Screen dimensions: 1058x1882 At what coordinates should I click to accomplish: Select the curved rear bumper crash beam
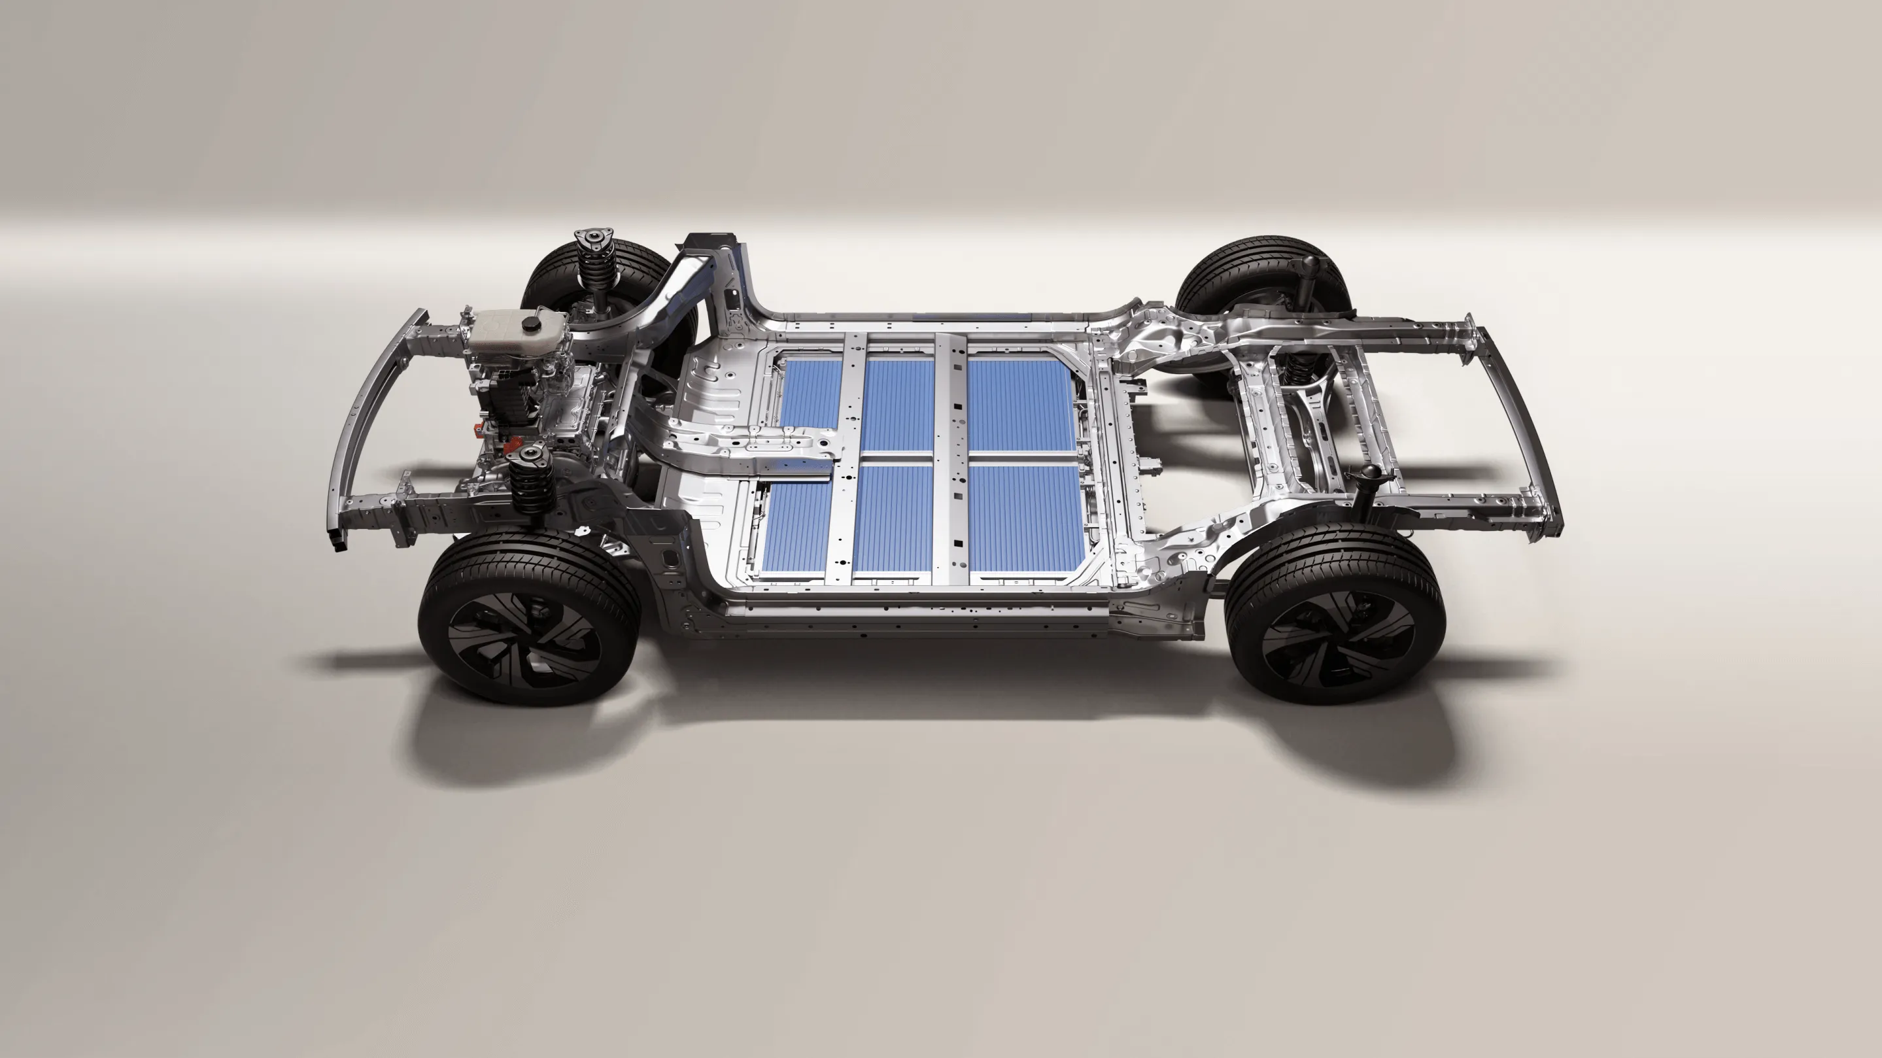[1520, 424]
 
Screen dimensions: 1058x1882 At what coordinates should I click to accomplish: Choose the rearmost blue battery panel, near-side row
[1027, 519]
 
